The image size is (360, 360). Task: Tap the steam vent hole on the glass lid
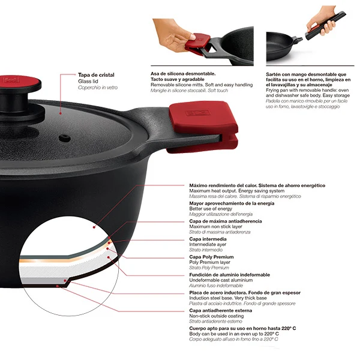click(x=65, y=138)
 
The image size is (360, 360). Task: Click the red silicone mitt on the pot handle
click(x=203, y=127)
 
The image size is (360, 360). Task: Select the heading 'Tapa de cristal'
click(x=96, y=75)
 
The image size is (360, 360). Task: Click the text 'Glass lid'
click(x=88, y=81)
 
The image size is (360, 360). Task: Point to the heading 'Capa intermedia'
click(x=208, y=239)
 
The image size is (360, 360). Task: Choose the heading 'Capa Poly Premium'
click(x=211, y=257)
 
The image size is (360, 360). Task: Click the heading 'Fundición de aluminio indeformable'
click(x=229, y=275)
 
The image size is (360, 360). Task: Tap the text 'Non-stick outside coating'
click(x=216, y=316)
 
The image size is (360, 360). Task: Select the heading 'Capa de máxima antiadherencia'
click(x=226, y=221)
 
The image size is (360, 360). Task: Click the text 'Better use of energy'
click(x=211, y=209)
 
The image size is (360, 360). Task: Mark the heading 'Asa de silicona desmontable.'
click(x=183, y=74)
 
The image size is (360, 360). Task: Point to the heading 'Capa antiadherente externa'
click(x=220, y=310)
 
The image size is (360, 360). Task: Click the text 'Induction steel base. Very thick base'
click(x=228, y=298)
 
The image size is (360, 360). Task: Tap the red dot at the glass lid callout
click(x=61, y=113)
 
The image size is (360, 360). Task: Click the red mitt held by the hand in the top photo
click(x=198, y=44)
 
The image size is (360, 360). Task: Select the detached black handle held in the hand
click(x=325, y=25)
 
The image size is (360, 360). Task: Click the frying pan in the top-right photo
click(x=284, y=46)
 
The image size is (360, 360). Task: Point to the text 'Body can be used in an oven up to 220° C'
click(x=234, y=334)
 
